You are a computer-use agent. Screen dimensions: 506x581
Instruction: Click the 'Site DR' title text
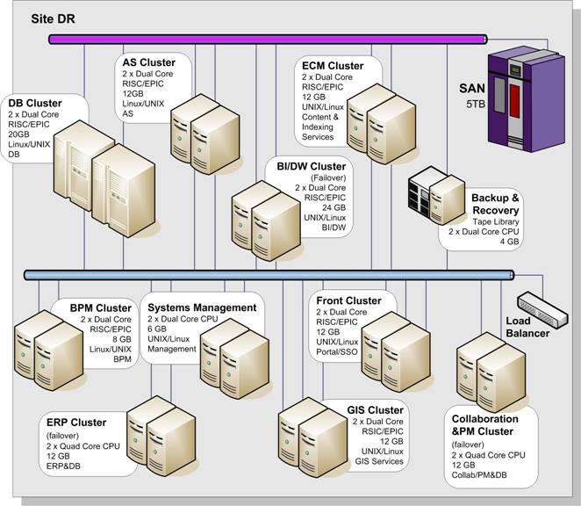tap(55, 18)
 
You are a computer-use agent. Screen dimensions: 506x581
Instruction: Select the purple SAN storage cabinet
tap(524, 97)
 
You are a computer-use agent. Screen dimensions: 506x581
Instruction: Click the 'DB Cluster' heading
tap(35, 104)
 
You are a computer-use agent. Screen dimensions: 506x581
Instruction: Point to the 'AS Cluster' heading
tap(148, 63)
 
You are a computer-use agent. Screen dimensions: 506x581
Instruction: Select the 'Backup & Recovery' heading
tap(495, 205)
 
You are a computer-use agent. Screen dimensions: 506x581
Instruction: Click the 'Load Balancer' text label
tap(528, 327)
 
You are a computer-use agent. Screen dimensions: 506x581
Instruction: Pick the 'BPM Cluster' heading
tap(101, 307)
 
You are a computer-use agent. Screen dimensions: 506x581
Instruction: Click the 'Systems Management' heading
tap(202, 307)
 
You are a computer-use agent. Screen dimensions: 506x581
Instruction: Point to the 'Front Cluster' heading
tap(348, 301)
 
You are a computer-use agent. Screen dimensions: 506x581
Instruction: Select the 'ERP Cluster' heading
tap(76, 423)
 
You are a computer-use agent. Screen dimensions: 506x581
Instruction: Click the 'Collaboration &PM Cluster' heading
tap(483, 425)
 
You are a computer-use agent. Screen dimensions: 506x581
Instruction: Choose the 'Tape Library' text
tap(498, 222)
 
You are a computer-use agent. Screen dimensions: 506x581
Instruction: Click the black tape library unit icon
tap(420, 191)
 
